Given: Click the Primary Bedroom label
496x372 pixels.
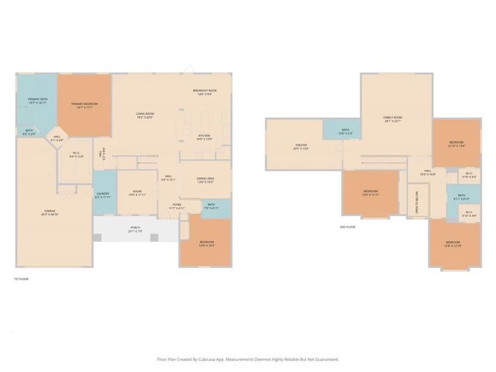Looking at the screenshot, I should (85, 105).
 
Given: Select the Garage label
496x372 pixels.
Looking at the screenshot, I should (50, 212).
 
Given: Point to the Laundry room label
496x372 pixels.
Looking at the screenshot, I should (104, 196).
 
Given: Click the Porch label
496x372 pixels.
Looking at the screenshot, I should (135, 229).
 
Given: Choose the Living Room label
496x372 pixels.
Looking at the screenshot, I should (145, 115).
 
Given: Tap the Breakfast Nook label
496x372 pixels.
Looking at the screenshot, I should (204, 92).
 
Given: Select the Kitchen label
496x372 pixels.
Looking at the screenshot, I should (204, 137).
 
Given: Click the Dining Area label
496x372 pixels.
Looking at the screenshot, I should (205, 181).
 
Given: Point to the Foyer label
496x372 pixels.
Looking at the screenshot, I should (177, 207).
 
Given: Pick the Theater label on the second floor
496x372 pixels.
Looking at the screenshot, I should (301, 146).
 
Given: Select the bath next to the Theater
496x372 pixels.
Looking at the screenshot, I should (345, 132).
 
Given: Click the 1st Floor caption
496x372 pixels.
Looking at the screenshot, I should (21, 279).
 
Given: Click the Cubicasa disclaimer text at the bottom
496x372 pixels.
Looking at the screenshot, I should (248, 359).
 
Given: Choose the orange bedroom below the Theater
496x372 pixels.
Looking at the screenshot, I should (370, 192).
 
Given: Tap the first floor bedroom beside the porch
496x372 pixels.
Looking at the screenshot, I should (206, 243).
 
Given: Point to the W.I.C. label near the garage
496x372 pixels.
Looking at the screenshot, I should (76, 154).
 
